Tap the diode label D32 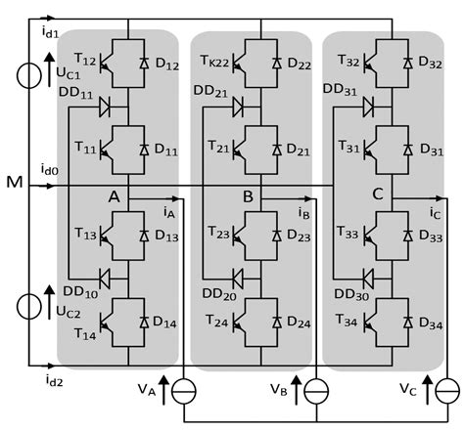tap(429, 62)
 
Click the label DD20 tap(218, 295)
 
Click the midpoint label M tap(12, 183)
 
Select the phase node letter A tap(114, 196)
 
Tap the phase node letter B tap(249, 196)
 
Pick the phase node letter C tap(377, 194)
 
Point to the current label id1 tap(22, 32)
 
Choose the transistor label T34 tap(346, 320)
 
